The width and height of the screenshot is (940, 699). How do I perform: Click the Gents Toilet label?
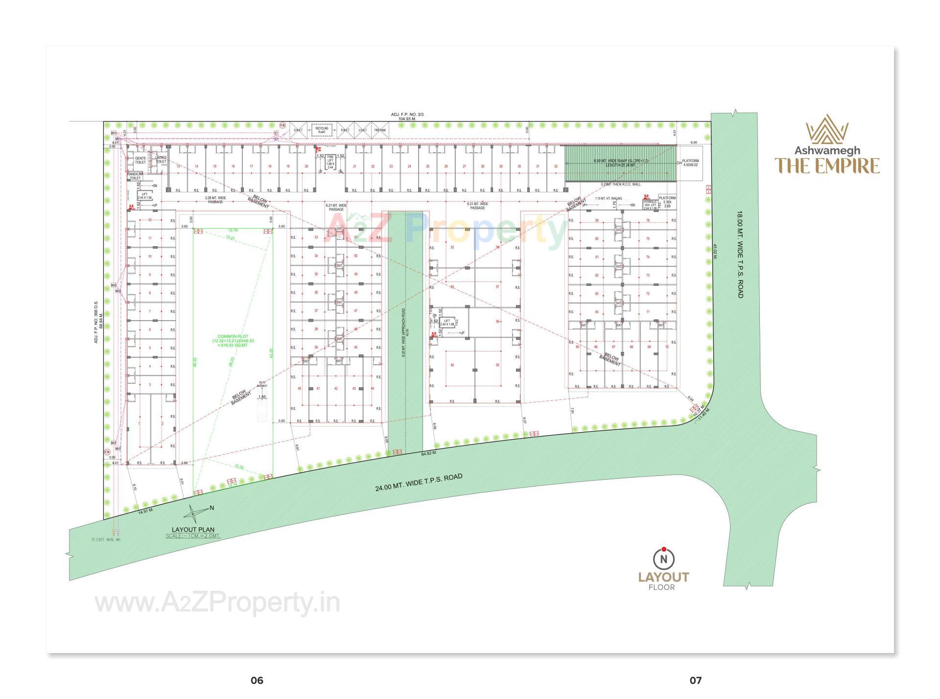click(141, 160)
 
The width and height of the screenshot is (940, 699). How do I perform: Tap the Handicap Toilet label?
click(135, 176)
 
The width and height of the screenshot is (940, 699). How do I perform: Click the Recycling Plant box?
click(322, 130)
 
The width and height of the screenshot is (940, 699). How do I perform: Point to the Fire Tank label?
click(380, 130)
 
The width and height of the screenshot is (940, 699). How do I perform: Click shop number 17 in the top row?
click(251, 166)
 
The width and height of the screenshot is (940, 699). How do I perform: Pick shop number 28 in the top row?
click(483, 166)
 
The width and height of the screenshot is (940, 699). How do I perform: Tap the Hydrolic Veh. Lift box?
click(650, 205)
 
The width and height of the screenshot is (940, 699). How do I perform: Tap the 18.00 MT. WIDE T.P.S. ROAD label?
click(740, 255)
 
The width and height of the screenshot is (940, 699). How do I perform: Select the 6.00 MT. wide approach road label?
click(404, 328)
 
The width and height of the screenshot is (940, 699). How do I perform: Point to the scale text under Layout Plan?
click(193, 536)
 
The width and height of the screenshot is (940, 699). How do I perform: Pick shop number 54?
click(452, 365)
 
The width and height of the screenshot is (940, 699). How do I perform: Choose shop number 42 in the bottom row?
click(336, 389)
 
